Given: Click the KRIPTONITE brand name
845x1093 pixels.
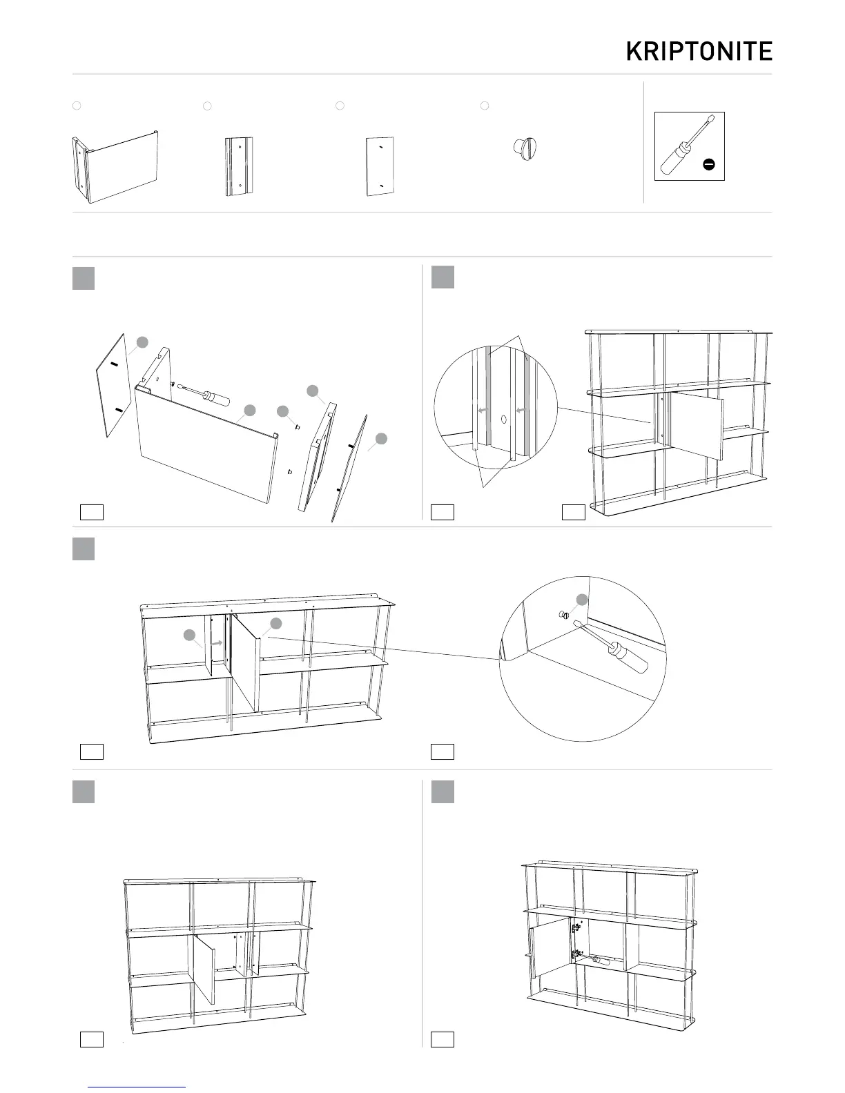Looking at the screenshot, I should point(699,51).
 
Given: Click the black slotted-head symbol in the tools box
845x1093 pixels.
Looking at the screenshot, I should point(708,164).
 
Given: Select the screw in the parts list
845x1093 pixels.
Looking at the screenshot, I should point(525,147).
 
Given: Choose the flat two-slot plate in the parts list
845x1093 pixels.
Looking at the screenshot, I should point(380,166).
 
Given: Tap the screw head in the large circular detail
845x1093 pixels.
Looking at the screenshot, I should point(563,615).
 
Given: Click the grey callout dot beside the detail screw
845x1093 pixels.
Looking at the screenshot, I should point(582,600).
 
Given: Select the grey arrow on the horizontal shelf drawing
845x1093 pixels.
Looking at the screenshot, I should point(216,642).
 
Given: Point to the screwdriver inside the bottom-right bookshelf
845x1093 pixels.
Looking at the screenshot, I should point(596,960).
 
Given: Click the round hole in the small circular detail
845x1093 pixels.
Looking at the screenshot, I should point(504,419).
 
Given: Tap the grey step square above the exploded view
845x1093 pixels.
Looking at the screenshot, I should point(83,278).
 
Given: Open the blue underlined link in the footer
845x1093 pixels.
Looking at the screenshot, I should point(138,1087).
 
